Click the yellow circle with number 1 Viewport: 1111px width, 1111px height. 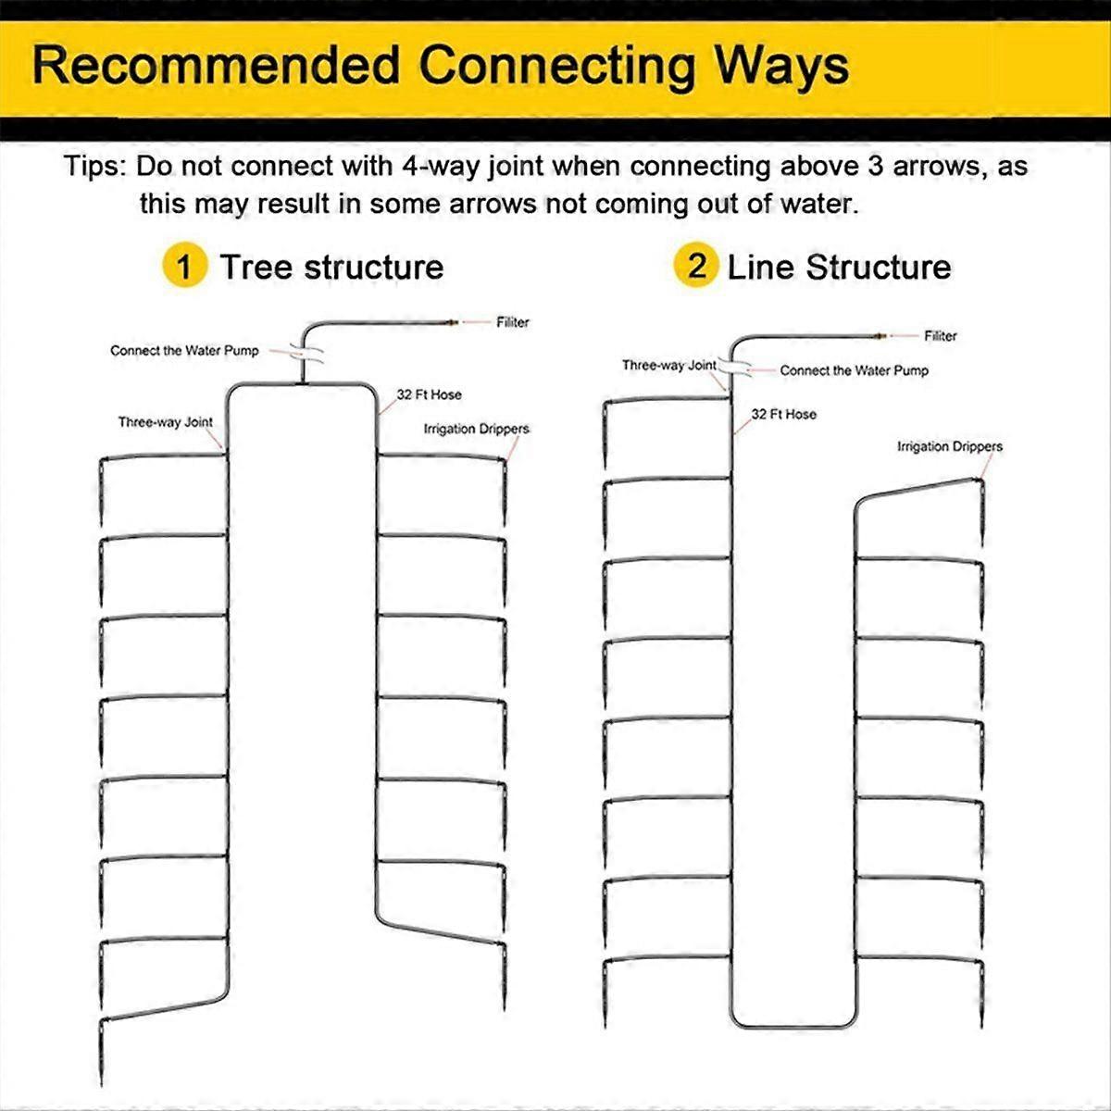pos(184,266)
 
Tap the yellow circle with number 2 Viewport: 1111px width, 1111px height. pos(696,266)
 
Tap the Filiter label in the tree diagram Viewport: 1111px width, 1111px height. pos(513,322)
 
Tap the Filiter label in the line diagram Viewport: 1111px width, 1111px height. pos(941,336)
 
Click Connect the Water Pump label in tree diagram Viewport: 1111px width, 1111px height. pos(184,351)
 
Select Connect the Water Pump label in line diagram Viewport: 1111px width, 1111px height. pos(854,370)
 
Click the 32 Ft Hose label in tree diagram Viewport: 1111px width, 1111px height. pos(429,395)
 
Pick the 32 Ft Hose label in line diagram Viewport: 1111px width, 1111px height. pos(783,415)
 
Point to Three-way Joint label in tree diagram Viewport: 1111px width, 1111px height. pos(166,422)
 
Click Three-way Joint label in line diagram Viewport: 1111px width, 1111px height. pos(668,365)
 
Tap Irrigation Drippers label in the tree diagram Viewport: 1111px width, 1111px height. pos(476,429)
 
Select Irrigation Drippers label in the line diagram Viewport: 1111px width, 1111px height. pos(950,446)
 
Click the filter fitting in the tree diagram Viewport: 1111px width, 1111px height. pos(452,322)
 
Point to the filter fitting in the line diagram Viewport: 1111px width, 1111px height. pos(880,335)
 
